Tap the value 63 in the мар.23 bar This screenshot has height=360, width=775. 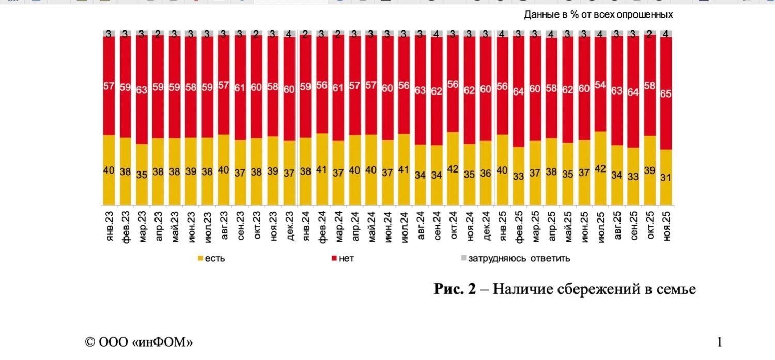click(142, 90)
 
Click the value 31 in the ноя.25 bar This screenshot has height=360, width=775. click(666, 177)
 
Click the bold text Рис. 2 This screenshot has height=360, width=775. click(454, 289)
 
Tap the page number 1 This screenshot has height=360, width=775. click(719, 342)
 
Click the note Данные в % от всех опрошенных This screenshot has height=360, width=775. click(598, 14)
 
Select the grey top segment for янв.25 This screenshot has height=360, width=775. click(502, 34)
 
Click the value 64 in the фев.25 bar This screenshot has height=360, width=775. click(518, 91)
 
